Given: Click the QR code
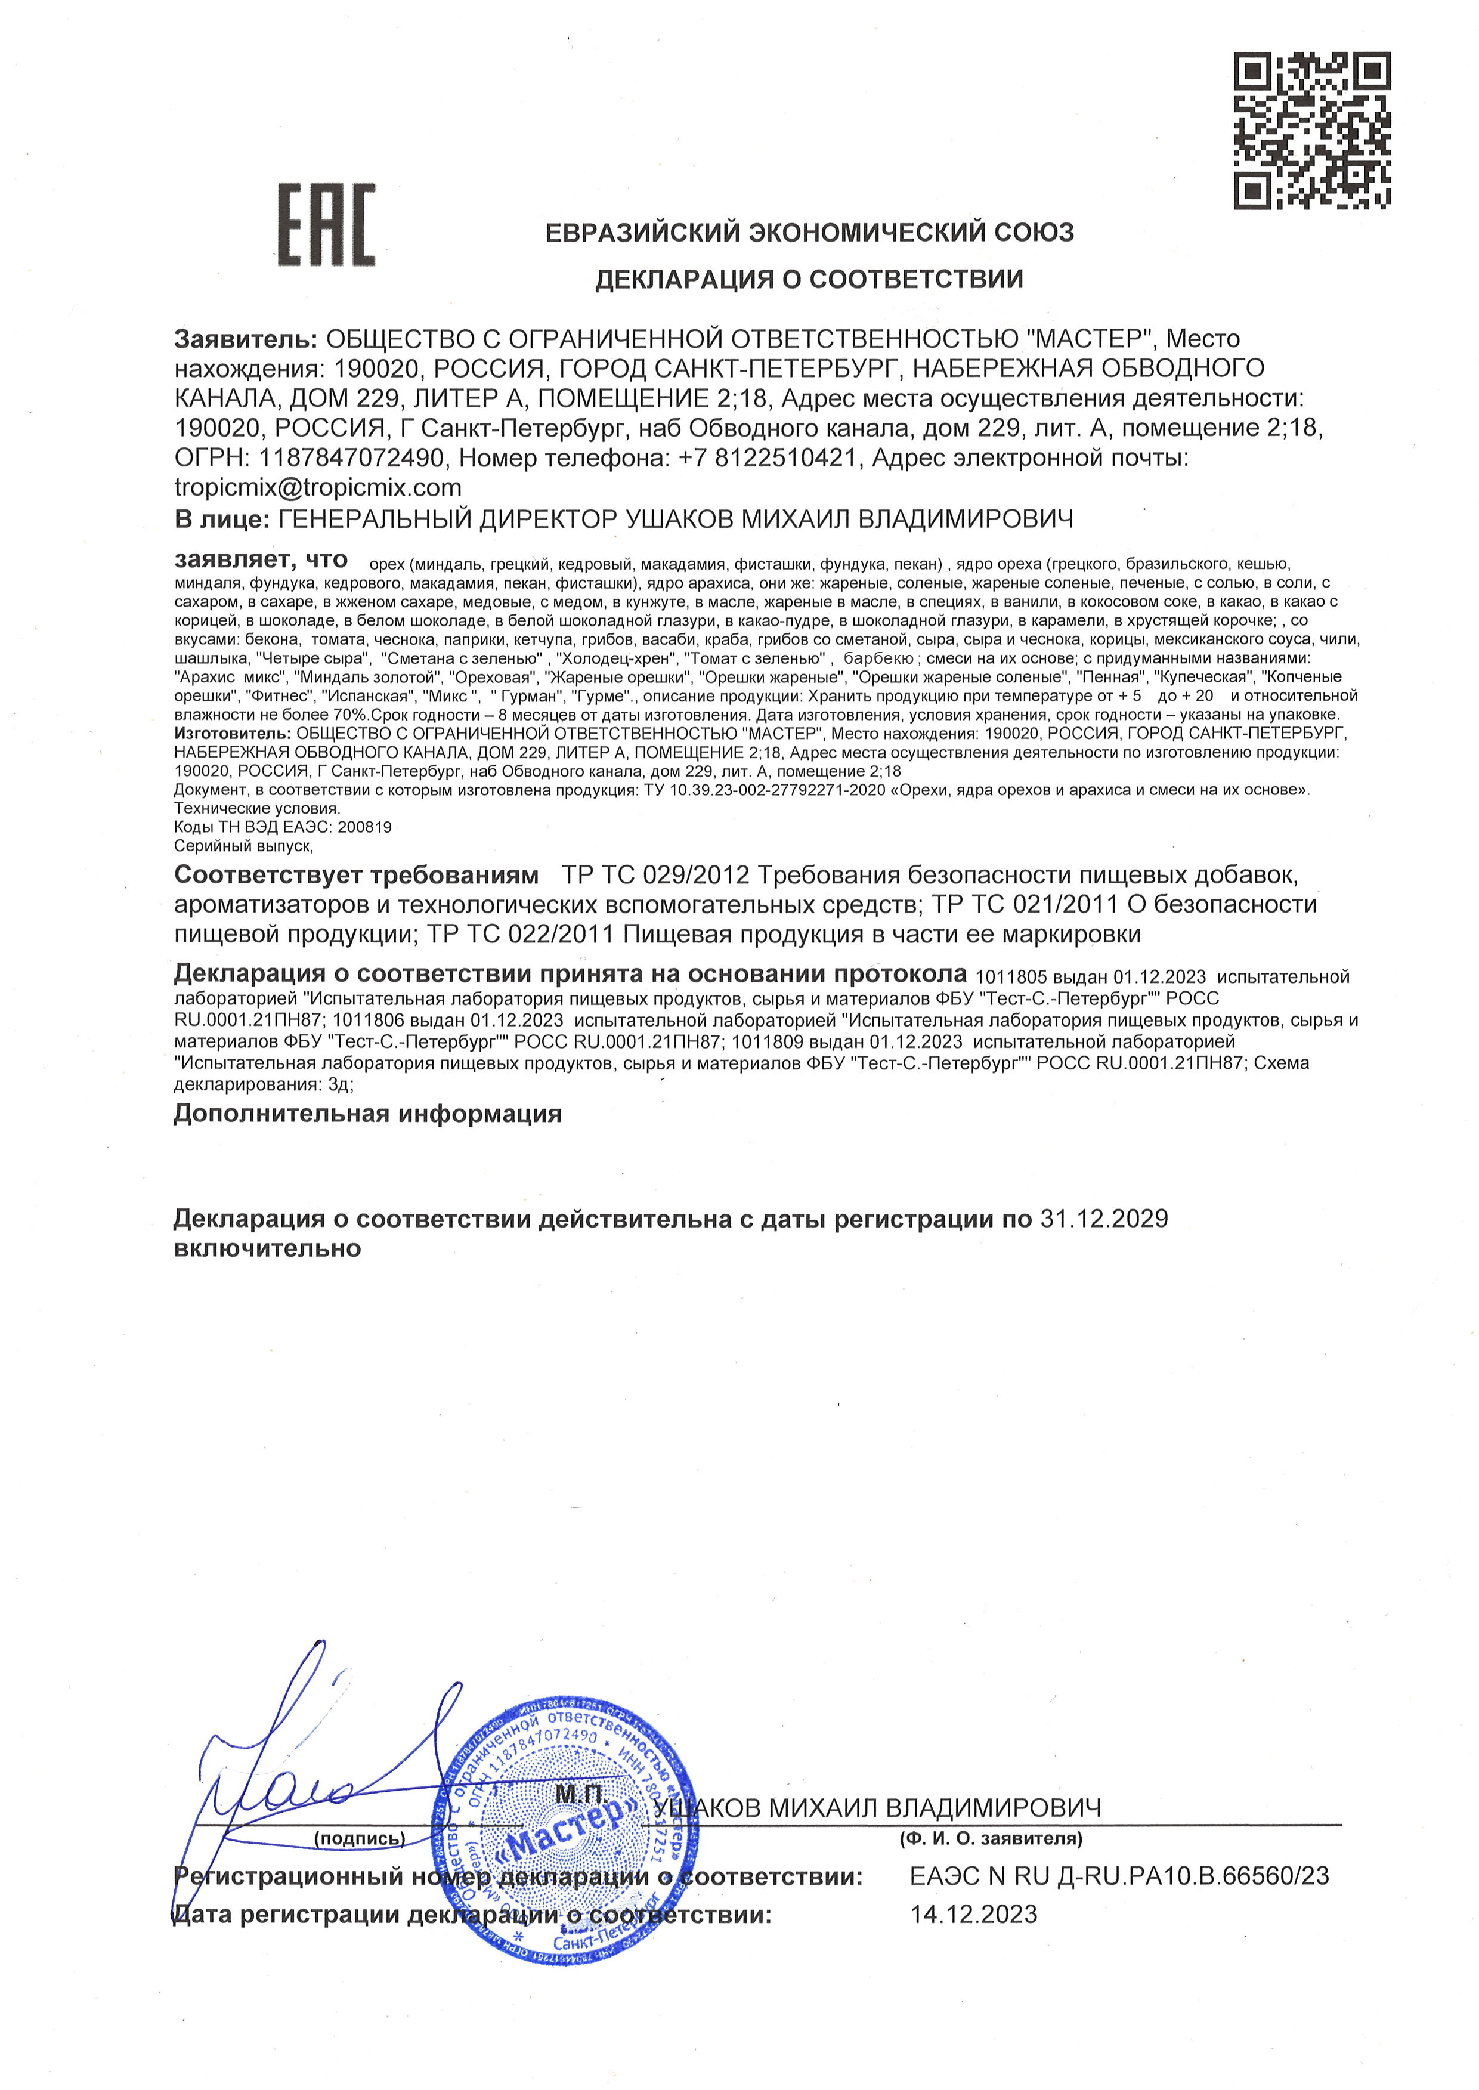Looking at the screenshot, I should [x=1311, y=130].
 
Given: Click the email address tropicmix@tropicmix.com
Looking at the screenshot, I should [x=318, y=488].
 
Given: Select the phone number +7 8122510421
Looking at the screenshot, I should [x=768, y=458].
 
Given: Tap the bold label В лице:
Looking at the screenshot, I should [x=221, y=519].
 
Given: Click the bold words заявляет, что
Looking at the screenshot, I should [x=261, y=558].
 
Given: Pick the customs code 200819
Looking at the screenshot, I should [x=364, y=827].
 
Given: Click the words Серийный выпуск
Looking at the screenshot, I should [x=242, y=846].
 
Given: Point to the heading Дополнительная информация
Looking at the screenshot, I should [x=367, y=1114].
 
